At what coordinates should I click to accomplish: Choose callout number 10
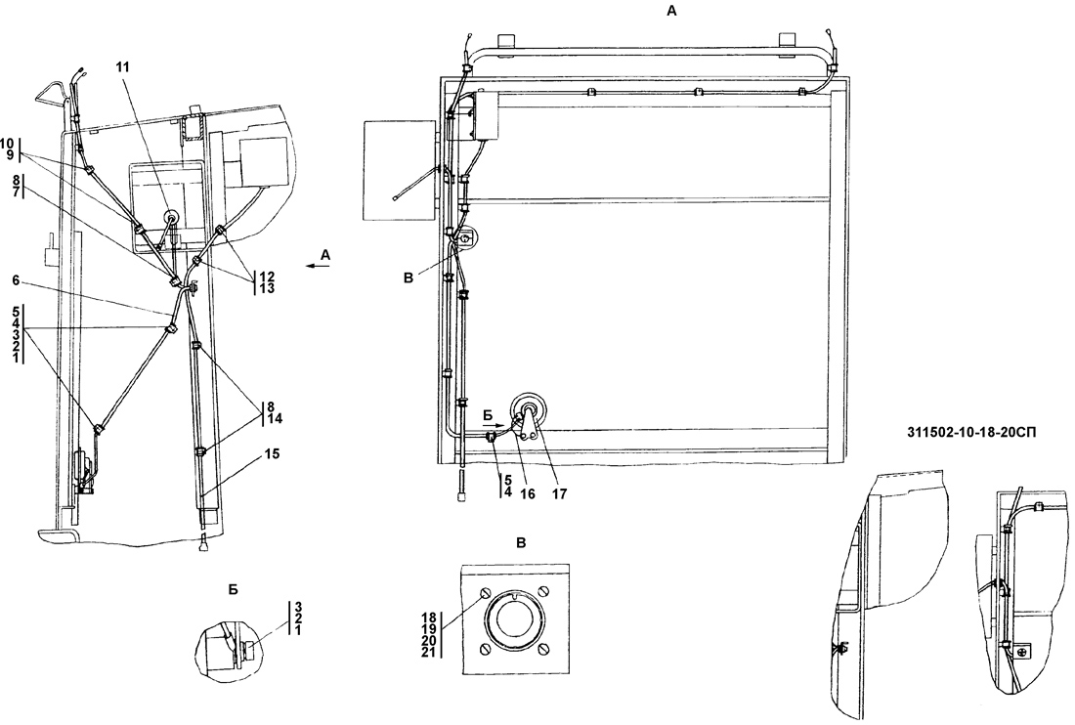coord(9,144)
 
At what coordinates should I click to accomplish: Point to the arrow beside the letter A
coord(312,264)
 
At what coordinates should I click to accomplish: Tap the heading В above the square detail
coord(521,541)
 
